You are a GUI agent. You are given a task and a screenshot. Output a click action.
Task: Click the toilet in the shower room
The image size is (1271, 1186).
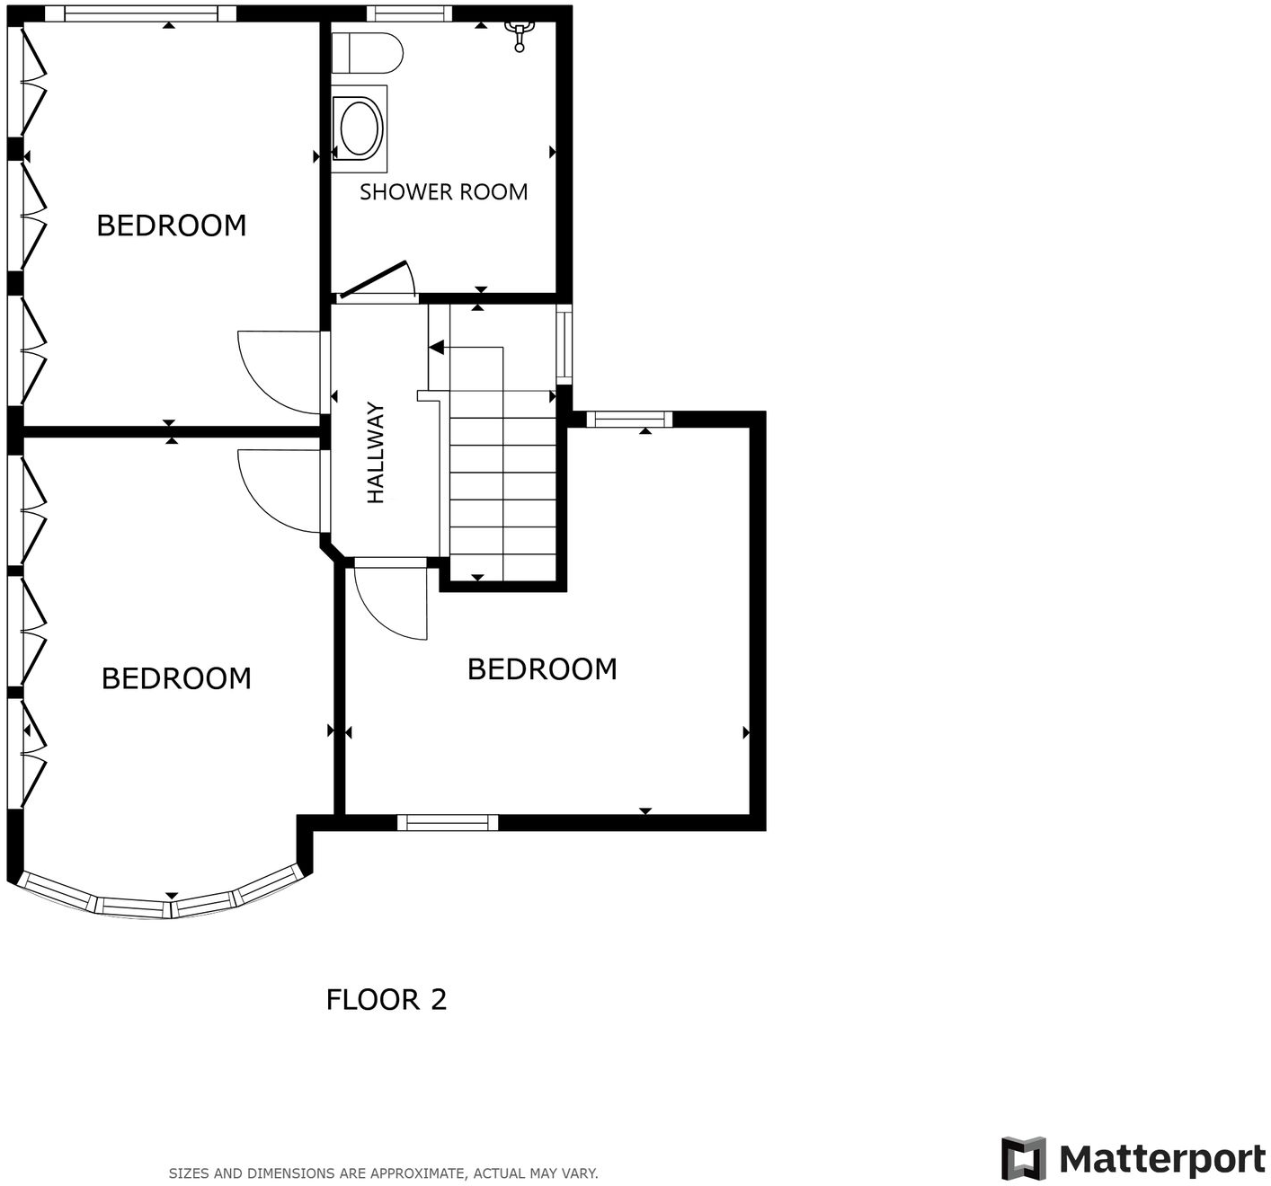[367, 53]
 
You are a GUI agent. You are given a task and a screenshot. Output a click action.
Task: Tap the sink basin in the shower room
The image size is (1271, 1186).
[360, 128]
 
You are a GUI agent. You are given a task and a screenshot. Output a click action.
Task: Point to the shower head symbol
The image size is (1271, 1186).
[519, 35]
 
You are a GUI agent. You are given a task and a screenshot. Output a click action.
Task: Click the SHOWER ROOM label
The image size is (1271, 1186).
[443, 191]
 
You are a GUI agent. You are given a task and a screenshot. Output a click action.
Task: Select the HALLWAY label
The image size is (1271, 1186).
[376, 452]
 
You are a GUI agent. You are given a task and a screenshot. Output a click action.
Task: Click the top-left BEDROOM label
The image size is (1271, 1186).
[171, 225]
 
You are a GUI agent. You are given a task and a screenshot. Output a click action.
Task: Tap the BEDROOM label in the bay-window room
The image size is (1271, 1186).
[176, 677]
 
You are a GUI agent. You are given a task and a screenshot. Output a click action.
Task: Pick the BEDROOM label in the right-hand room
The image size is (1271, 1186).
[542, 668]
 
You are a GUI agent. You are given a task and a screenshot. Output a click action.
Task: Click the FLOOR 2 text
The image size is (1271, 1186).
[386, 999]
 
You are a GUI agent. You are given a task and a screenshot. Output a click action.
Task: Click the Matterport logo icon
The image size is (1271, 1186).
[1024, 1158]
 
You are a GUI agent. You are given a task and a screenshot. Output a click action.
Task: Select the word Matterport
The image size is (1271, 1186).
[1161, 1159]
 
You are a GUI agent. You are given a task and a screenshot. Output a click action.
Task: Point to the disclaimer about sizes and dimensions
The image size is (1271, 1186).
[383, 1173]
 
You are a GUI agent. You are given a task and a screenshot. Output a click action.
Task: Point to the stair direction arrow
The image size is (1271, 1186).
[437, 347]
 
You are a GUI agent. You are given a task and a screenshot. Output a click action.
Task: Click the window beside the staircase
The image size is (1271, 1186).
[564, 344]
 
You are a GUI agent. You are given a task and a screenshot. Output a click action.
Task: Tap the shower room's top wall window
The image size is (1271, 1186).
[409, 13]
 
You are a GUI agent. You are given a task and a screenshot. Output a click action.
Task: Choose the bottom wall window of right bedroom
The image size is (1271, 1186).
[448, 822]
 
